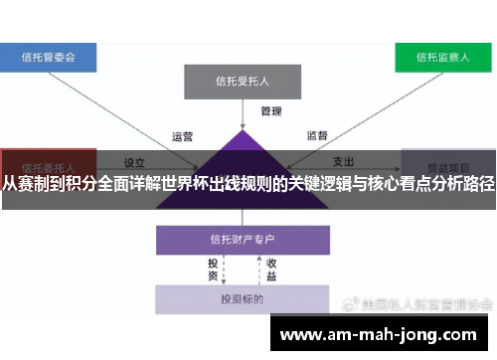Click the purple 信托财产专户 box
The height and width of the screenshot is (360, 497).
click(x=242, y=239)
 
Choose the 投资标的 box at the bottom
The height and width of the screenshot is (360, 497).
click(x=242, y=298)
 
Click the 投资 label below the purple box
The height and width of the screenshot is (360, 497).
click(x=213, y=270)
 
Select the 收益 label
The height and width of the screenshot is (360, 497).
click(x=270, y=270)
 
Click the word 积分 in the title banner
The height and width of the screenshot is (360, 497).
click(x=85, y=185)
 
